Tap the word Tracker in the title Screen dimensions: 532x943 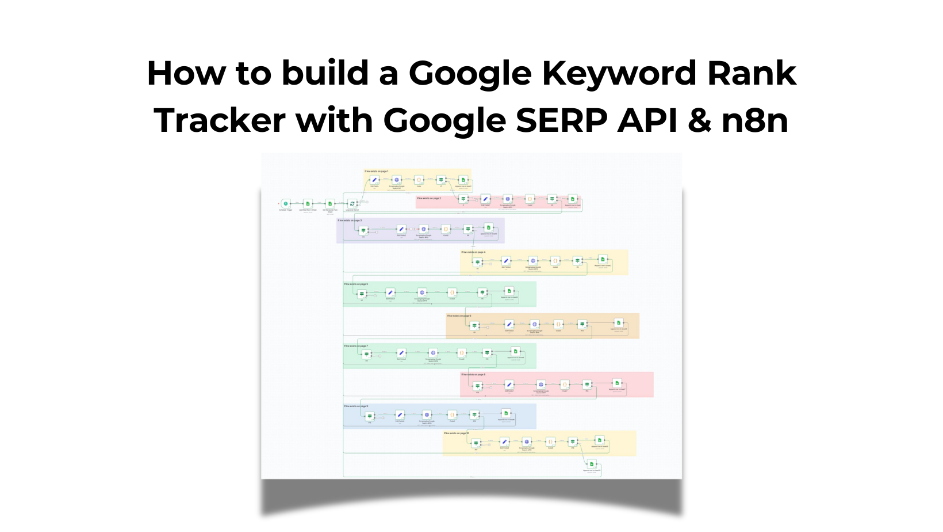coord(220,120)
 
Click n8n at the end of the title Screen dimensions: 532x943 coord(754,120)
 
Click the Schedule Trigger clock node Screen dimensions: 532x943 coord(286,204)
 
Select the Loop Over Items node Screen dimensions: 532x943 coord(352,204)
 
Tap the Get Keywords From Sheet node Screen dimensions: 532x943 coord(330,204)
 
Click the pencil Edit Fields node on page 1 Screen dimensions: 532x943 coord(374,180)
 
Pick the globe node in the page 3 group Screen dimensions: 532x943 coord(424,229)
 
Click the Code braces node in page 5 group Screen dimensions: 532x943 coord(452,292)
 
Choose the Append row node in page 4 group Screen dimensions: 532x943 coord(603,260)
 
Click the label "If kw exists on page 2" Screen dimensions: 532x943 coord(429,198)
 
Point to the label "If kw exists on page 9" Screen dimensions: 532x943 coord(356,406)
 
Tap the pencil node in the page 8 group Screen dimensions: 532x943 coord(509,385)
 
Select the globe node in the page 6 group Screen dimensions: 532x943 coord(535,324)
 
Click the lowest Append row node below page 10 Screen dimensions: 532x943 coord(592,464)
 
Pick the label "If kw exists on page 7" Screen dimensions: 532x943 coord(356,346)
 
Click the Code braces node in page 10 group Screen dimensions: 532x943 coord(550,442)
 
